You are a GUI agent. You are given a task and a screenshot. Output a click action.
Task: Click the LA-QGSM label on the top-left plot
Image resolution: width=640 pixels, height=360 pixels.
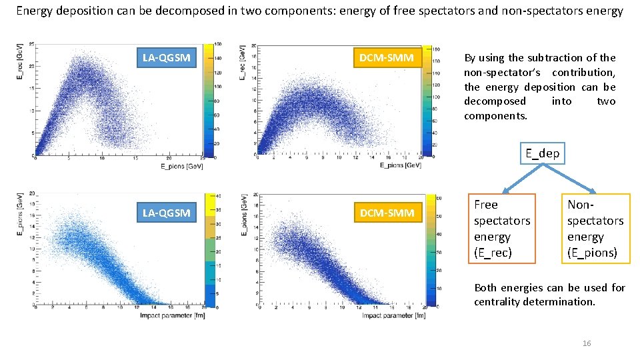coord(166,58)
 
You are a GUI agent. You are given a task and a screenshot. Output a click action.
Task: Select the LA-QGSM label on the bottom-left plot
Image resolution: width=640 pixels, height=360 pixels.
coord(166,213)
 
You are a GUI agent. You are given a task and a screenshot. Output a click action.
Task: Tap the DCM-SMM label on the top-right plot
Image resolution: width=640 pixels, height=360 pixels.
coord(386,58)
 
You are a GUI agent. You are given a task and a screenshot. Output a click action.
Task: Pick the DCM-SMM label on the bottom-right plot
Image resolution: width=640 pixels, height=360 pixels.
coord(386,213)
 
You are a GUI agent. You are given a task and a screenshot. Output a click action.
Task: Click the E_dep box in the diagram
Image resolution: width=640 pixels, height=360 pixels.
coord(542,153)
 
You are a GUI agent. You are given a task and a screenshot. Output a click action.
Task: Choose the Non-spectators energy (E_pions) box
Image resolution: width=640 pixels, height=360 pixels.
coord(595,228)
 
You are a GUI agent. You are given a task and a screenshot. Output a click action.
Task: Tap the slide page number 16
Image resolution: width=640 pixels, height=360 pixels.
coord(587,343)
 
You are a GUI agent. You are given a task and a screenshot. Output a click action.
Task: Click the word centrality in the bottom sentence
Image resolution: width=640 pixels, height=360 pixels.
coord(499,302)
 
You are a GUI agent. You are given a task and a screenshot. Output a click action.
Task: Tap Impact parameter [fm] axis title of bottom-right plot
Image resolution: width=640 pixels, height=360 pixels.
coord(393,315)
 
